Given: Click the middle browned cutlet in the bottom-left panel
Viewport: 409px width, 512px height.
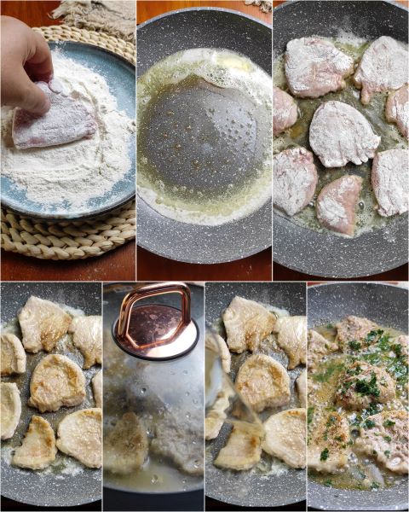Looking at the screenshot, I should [x=56, y=382].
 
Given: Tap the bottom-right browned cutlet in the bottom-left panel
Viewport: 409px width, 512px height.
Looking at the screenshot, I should [x=81, y=436].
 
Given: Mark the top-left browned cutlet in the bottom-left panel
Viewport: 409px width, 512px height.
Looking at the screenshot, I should [x=43, y=323].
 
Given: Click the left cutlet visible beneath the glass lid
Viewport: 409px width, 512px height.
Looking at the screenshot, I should [x=126, y=442].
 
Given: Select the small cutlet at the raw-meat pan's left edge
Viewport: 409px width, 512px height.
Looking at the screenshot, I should [x=284, y=110].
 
